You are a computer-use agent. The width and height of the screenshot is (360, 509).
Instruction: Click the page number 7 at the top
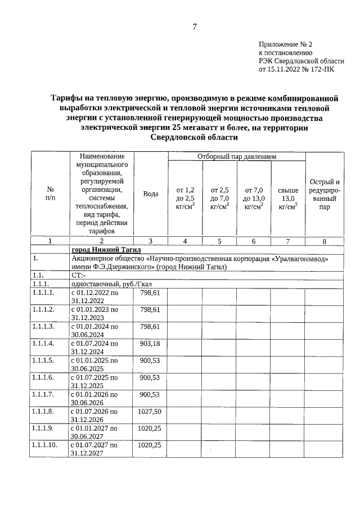coord(195,26)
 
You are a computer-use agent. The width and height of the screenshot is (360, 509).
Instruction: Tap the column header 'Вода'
coord(150,193)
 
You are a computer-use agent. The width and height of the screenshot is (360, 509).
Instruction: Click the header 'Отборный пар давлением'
coord(236,156)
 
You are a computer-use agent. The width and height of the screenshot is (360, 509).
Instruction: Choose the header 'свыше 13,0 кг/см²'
coord(288,199)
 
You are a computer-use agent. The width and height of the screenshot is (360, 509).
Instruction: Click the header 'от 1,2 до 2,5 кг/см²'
coord(185,199)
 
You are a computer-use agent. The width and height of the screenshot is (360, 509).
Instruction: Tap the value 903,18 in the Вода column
coord(150,343)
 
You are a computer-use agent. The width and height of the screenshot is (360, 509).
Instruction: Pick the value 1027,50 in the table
coord(150,412)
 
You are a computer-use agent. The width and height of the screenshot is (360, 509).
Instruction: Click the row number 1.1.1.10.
coord(45,445)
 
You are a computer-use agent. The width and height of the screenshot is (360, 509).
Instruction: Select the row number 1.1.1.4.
coord(43,343)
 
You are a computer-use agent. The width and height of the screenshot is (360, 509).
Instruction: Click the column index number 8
coord(324,241)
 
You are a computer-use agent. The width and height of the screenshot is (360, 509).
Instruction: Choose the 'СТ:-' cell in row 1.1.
coord(78,276)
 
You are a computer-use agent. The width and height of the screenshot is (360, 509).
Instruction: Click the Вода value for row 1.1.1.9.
coord(150,428)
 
